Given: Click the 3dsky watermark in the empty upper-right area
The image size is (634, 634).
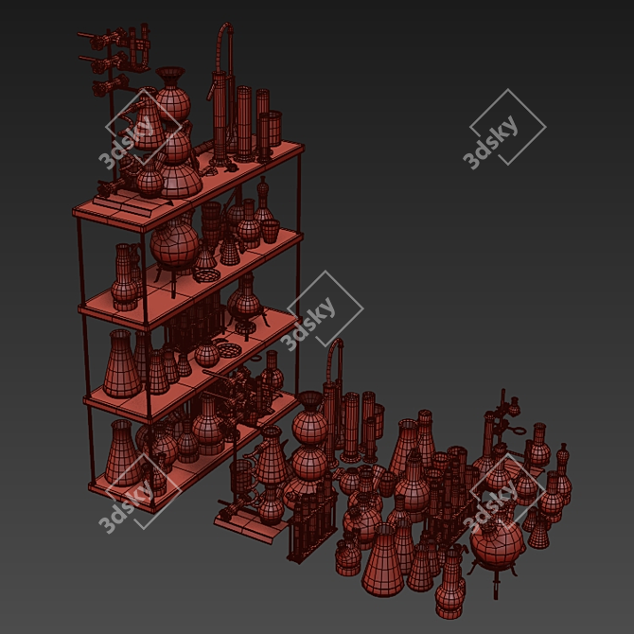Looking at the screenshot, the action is click(503, 128).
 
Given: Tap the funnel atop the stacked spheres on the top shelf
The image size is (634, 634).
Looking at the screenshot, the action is click(170, 77).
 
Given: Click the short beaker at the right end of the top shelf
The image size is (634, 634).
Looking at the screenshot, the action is click(275, 128).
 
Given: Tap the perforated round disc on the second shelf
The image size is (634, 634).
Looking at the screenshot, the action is click(206, 275).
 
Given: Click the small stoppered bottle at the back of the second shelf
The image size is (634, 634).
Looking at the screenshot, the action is click(263, 198).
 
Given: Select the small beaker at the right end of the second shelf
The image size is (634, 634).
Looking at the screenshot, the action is click(270, 231).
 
